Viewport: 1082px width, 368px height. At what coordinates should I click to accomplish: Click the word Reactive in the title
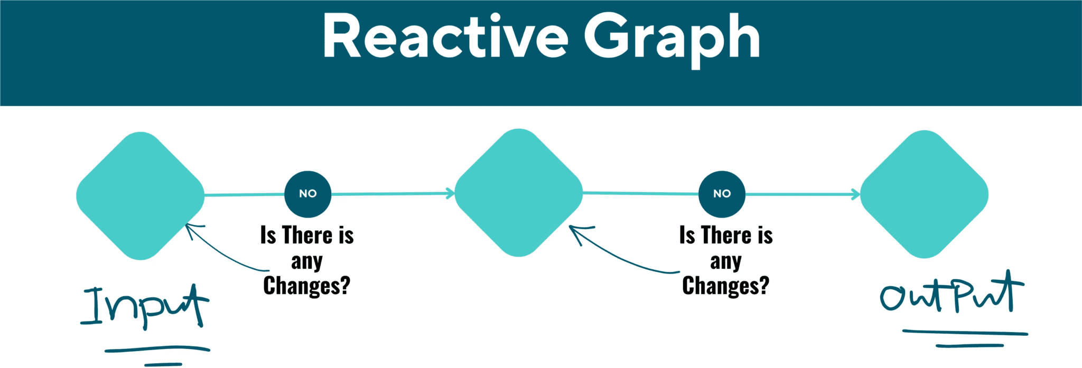[445, 36]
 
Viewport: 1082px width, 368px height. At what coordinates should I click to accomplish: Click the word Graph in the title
[671, 40]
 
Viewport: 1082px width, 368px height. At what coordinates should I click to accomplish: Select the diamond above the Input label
[141, 196]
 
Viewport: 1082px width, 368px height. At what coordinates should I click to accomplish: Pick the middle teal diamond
[519, 193]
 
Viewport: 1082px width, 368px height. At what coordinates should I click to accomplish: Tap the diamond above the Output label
[925, 194]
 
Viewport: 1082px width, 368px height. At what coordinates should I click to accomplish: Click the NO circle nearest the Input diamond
[308, 194]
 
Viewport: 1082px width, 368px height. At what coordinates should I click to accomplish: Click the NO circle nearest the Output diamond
[722, 194]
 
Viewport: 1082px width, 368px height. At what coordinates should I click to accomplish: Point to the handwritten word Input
[145, 306]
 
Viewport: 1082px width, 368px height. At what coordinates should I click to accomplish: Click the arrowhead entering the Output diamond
[856, 194]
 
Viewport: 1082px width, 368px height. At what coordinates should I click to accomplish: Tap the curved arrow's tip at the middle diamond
[570, 227]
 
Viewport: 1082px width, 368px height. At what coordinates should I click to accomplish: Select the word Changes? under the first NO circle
[307, 286]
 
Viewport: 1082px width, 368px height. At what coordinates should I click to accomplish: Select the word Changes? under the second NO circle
[726, 286]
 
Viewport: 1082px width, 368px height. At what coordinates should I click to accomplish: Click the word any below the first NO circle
[307, 261]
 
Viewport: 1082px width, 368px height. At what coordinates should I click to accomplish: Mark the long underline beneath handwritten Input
[157, 348]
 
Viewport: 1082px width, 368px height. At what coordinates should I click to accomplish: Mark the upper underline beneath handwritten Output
[965, 332]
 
